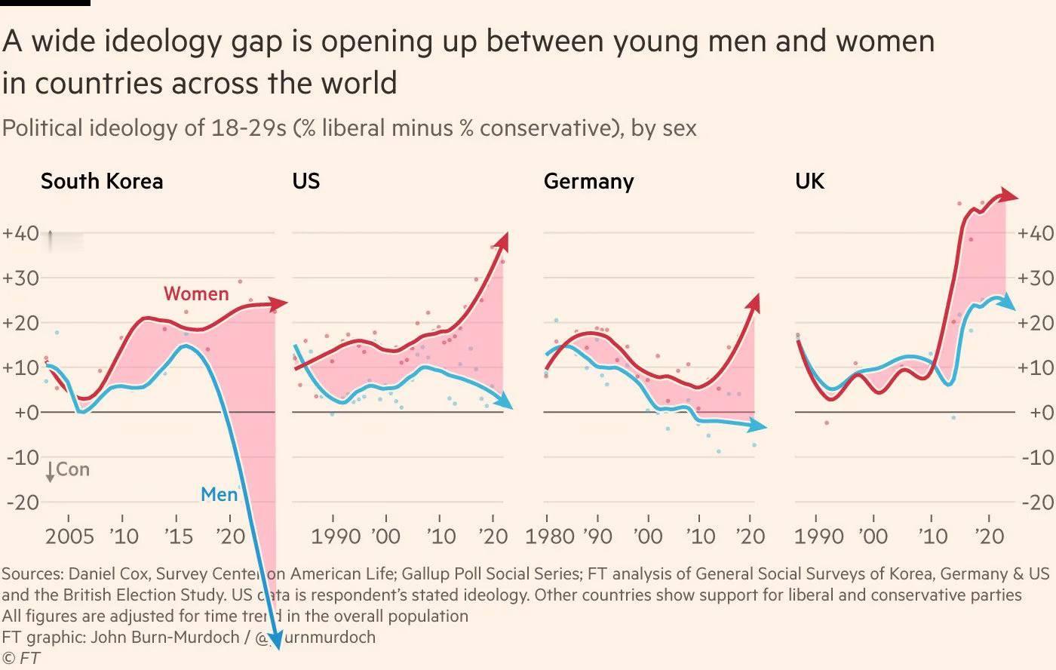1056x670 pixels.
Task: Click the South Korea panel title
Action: [101, 181]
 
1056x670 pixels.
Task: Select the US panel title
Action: [306, 181]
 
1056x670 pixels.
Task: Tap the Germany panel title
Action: [588, 181]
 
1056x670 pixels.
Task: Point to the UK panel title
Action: [809, 181]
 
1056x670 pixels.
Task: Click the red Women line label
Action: [196, 294]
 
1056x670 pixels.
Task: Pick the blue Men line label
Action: [219, 495]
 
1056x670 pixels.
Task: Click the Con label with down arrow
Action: [68, 470]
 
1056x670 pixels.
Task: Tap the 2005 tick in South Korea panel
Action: [69, 536]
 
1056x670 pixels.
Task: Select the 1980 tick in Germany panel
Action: [550, 536]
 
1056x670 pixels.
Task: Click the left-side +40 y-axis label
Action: [20, 232]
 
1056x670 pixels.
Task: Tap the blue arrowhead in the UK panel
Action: [1010, 303]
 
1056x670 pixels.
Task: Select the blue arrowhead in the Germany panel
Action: [760, 427]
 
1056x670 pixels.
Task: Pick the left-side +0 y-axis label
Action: [20, 413]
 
